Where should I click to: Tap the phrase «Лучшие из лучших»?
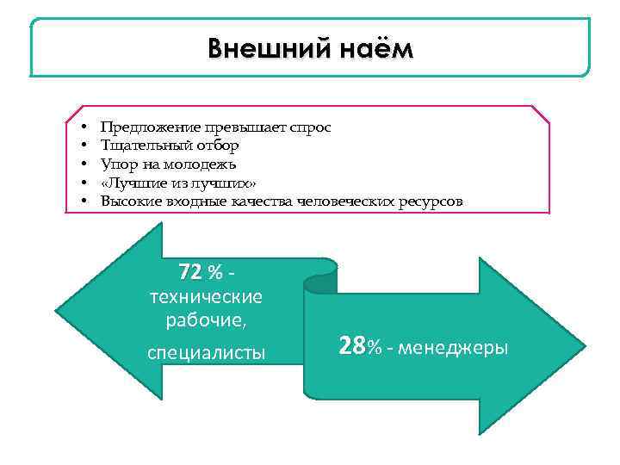coord(178,183)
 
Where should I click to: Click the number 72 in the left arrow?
coord(190,272)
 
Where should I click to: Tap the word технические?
coord(206,297)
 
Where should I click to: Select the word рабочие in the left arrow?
coord(203,321)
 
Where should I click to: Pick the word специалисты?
coord(206,352)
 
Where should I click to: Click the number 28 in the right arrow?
coord(352,347)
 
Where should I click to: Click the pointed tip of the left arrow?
coord(57,311)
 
